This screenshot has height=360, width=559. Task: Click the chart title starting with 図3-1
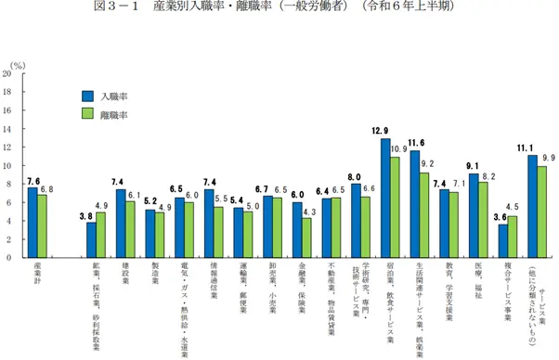(x=279, y=9)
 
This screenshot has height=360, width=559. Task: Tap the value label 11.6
(x=415, y=143)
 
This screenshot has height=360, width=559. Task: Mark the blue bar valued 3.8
(x=92, y=240)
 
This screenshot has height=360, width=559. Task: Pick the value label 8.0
(x=356, y=176)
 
